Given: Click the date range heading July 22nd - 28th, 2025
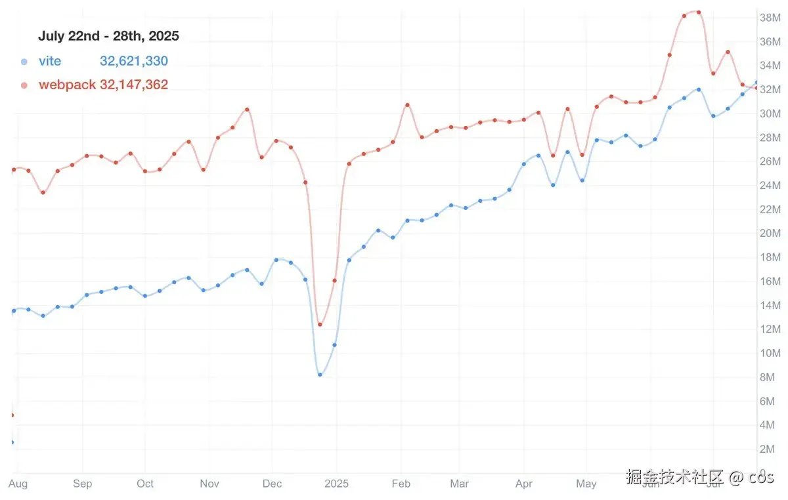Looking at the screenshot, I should tap(108, 36).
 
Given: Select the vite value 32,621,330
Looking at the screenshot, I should tap(134, 61).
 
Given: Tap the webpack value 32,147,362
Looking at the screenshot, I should tap(134, 85).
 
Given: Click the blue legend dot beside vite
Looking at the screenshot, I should tap(24, 62).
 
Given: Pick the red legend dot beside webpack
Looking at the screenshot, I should tap(24, 85).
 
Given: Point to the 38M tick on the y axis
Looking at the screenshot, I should tap(770, 17).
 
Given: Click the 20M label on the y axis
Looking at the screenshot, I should tap(770, 233).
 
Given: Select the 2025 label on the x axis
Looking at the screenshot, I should tap(336, 484).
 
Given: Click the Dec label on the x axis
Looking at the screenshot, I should tap(272, 484).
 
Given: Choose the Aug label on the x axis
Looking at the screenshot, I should tap(18, 484).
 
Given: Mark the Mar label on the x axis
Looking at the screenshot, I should tap(460, 484).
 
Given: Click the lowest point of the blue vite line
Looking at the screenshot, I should tap(320, 374).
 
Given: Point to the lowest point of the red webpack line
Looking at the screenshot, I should tap(320, 324).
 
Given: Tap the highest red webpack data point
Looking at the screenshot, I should tap(698, 12).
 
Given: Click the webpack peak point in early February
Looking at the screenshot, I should tap(407, 105).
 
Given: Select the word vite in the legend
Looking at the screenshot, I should tap(50, 61).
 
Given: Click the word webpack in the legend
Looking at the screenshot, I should tap(67, 85).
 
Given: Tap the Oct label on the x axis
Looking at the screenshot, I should tap(145, 484).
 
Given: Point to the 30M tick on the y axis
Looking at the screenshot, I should tap(770, 113).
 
